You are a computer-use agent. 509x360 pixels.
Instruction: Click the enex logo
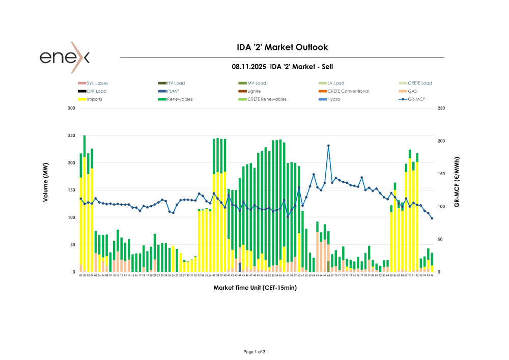(x=65, y=57)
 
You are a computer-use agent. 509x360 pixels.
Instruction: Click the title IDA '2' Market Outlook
(x=282, y=47)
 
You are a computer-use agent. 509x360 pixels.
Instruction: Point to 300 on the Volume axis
(x=71, y=108)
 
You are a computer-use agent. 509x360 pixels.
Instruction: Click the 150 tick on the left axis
(x=71, y=190)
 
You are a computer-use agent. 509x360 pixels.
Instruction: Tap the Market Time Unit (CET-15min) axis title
(x=255, y=288)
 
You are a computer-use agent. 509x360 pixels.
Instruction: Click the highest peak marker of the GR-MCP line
(x=328, y=146)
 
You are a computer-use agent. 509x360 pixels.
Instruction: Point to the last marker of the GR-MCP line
(x=432, y=218)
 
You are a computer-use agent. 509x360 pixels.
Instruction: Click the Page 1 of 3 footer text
(x=254, y=352)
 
